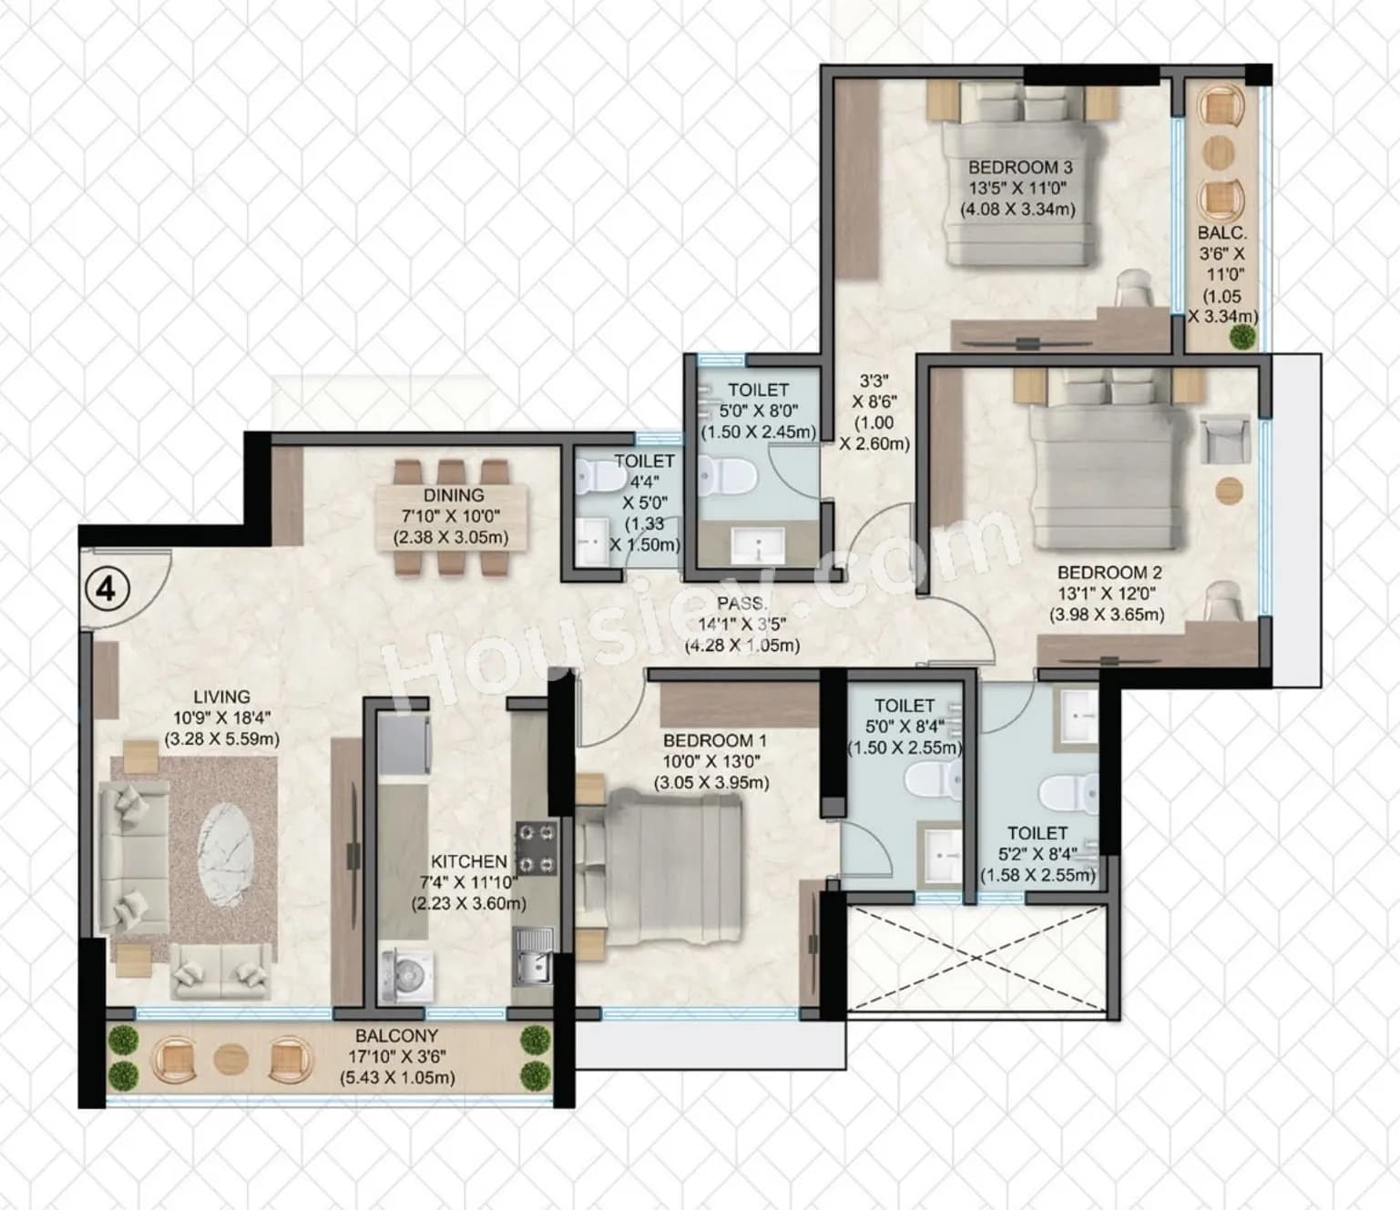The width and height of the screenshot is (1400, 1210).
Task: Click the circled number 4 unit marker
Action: pyautogui.click(x=107, y=589)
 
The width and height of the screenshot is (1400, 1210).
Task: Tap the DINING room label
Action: pyautogui.click(x=453, y=495)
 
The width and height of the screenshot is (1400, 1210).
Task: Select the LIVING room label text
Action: pyautogui.click(x=221, y=697)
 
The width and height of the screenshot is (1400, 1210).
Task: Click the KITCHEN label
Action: pyautogui.click(x=469, y=861)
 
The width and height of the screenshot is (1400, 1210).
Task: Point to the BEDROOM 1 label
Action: pyautogui.click(x=708, y=740)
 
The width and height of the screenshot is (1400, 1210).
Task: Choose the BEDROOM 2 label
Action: pyautogui.click(x=1109, y=573)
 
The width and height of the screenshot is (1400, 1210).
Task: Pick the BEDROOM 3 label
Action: pyautogui.click(x=1019, y=168)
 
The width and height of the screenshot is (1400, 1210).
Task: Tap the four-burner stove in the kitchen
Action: pyautogui.click(x=536, y=849)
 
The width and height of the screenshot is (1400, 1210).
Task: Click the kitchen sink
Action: pyautogui.click(x=533, y=955)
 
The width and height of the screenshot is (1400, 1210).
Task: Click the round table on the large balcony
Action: pyautogui.click(x=230, y=1060)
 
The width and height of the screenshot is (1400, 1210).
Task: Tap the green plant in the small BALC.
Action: pyautogui.click(x=1241, y=338)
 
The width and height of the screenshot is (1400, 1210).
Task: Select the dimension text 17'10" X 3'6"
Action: pyautogui.click(x=396, y=1057)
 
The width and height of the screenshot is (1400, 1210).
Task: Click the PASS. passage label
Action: pyautogui.click(x=741, y=604)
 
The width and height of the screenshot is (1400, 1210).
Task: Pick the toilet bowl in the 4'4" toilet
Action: pyautogui.click(x=597, y=476)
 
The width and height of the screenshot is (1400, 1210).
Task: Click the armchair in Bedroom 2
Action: pyautogui.click(x=1224, y=440)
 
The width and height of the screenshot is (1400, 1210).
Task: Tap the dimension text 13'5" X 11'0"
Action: pyautogui.click(x=1017, y=188)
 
